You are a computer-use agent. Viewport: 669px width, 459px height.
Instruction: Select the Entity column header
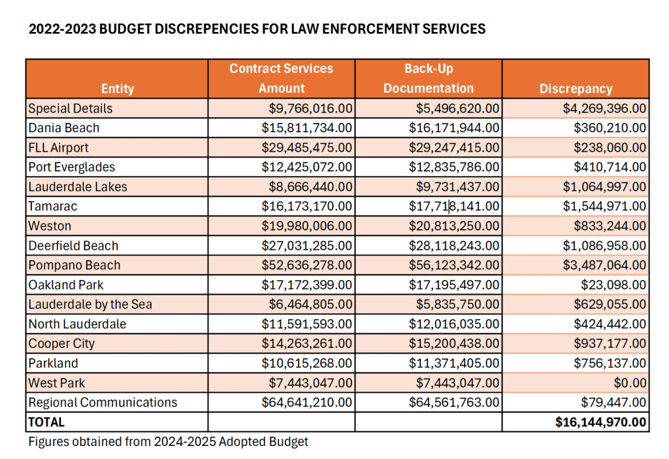tap(118, 88)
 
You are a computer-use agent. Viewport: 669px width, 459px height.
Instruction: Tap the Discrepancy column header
tap(576, 88)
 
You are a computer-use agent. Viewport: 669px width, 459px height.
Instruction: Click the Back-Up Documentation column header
tap(429, 78)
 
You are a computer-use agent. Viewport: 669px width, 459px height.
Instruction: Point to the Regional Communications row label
tap(103, 402)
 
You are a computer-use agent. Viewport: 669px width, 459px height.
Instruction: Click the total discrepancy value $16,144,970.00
tap(600, 422)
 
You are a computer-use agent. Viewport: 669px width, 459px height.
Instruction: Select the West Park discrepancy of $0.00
tap(630, 382)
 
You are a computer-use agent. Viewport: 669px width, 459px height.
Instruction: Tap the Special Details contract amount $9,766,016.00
tap(311, 109)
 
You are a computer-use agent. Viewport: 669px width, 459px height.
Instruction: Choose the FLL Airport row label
tap(58, 148)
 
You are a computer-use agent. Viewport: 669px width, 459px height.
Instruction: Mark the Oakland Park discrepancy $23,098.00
tap(613, 285)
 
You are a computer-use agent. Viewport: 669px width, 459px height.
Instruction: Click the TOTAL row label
tap(46, 422)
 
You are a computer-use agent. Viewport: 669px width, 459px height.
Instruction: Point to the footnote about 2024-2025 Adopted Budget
tap(168, 441)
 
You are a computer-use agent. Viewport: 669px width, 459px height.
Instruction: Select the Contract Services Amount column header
tap(282, 78)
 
